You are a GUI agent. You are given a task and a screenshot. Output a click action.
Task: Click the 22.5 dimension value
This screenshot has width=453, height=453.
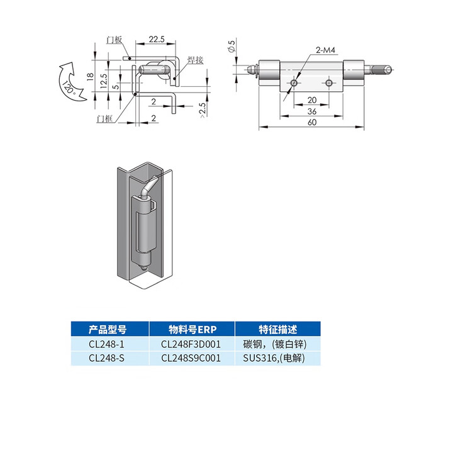pos(156,39)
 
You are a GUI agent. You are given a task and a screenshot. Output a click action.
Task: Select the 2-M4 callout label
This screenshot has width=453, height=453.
pos(326,50)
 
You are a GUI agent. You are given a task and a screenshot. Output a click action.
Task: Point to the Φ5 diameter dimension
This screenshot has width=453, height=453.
pos(232,46)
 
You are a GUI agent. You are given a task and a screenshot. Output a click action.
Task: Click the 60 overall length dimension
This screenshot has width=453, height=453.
pos(312,123)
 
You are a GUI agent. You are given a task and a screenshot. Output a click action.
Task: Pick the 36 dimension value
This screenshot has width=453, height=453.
pos(312,111)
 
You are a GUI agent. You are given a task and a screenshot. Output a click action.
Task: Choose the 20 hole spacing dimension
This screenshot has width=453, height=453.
pos(312,100)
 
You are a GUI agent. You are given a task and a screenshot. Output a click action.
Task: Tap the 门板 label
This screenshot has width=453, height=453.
pos(114,40)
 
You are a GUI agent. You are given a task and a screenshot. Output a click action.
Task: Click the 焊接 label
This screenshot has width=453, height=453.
pos(196,60)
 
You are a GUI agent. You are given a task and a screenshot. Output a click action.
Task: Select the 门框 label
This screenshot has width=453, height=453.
pos(104,118)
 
